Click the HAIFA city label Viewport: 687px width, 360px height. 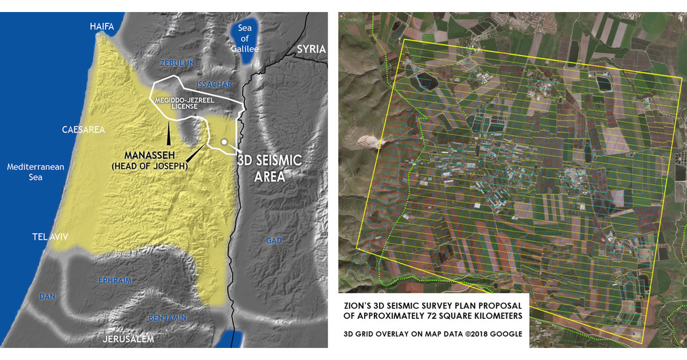[102, 26]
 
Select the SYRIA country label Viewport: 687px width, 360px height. [311, 49]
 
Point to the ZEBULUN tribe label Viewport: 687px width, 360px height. [178, 62]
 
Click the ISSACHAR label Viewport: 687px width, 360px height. [214, 84]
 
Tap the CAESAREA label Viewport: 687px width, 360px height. [84, 130]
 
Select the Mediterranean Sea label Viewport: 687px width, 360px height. [36, 172]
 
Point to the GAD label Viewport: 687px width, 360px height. [274, 241]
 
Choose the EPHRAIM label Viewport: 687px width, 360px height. [115, 281]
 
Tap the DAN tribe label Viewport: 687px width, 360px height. [47, 296]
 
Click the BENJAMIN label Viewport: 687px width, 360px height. [167, 318]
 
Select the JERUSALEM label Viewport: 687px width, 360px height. [128, 339]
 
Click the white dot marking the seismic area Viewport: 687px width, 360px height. [224, 142]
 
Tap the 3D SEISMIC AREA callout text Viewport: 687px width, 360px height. [269, 168]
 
